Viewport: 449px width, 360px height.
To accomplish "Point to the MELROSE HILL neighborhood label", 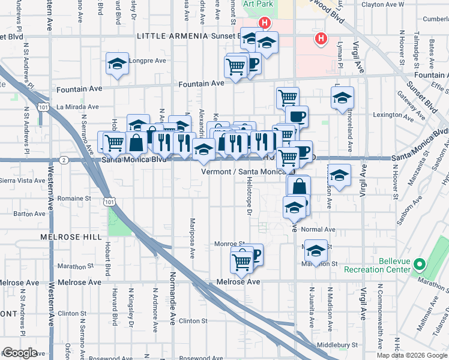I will coord(71,237).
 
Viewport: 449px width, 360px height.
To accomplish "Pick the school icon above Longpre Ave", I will coord(118,63).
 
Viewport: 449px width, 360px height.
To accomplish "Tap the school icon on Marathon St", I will coord(316,250).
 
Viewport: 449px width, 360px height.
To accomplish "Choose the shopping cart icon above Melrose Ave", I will coord(242,261).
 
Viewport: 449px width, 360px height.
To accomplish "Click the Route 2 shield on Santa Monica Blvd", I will coord(63,160).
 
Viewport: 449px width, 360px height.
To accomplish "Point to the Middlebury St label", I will coord(337,345).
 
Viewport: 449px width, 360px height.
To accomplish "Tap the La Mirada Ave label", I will coord(76,107).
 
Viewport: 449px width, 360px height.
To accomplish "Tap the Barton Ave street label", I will coord(29,213).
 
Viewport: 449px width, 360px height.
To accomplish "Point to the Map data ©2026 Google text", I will coord(411,355).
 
